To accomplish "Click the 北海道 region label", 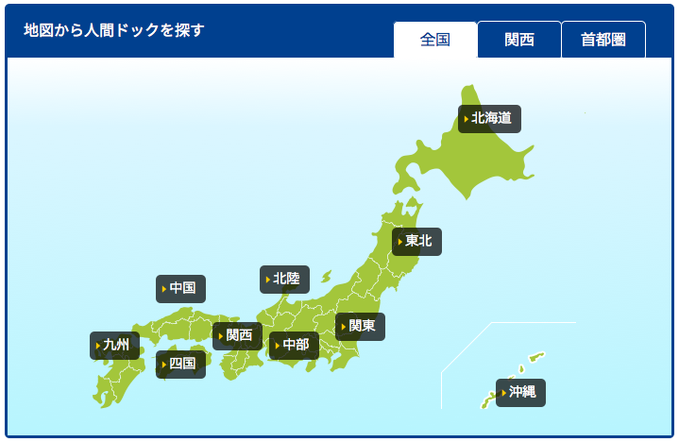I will [x=490, y=119].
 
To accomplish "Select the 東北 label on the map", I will [x=417, y=242].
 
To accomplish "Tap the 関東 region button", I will [x=361, y=327].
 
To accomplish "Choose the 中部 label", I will [x=295, y=346].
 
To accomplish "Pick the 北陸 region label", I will [x=285, y=280].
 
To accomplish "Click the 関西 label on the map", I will [x=238, y=335].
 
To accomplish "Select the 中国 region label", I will [x=181, y=289].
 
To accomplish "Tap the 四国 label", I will [x=181, y=364].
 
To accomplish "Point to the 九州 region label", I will [x=115, y=346].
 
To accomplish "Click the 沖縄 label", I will [x=521, y=393].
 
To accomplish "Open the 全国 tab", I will [x=435, y=40].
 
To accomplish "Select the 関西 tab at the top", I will [x=519, y=40].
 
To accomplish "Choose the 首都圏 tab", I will [x=603, y=40].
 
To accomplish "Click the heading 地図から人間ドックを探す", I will [x=114, y=29].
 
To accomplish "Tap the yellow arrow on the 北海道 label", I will [x=466, y=120].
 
